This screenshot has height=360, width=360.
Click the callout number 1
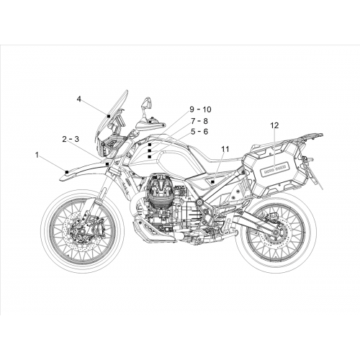(x=37, y=156)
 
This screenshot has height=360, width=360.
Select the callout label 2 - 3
(x=71, y=139)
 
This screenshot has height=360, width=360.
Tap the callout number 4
(x=79, y=99)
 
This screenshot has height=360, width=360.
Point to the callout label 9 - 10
(x=200, y=109)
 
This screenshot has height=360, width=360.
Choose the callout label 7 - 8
(x=199, y=121)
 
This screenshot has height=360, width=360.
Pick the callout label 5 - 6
(x=199, y=132)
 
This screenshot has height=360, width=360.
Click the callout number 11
(x=225, y=149)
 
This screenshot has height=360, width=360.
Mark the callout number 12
(x=274, y=125)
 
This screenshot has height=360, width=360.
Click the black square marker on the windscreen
(x=109, y=116)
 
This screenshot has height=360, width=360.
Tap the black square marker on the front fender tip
(x=67, y=171)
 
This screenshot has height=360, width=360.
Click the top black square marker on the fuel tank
(x=150, y=145)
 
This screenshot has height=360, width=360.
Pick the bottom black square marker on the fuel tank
(x=150, y=157)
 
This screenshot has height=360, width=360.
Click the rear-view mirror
(x=148, y=102)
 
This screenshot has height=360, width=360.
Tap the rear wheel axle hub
(x=275, y=232)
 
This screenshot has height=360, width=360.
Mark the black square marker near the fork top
(x=107, y=164)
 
